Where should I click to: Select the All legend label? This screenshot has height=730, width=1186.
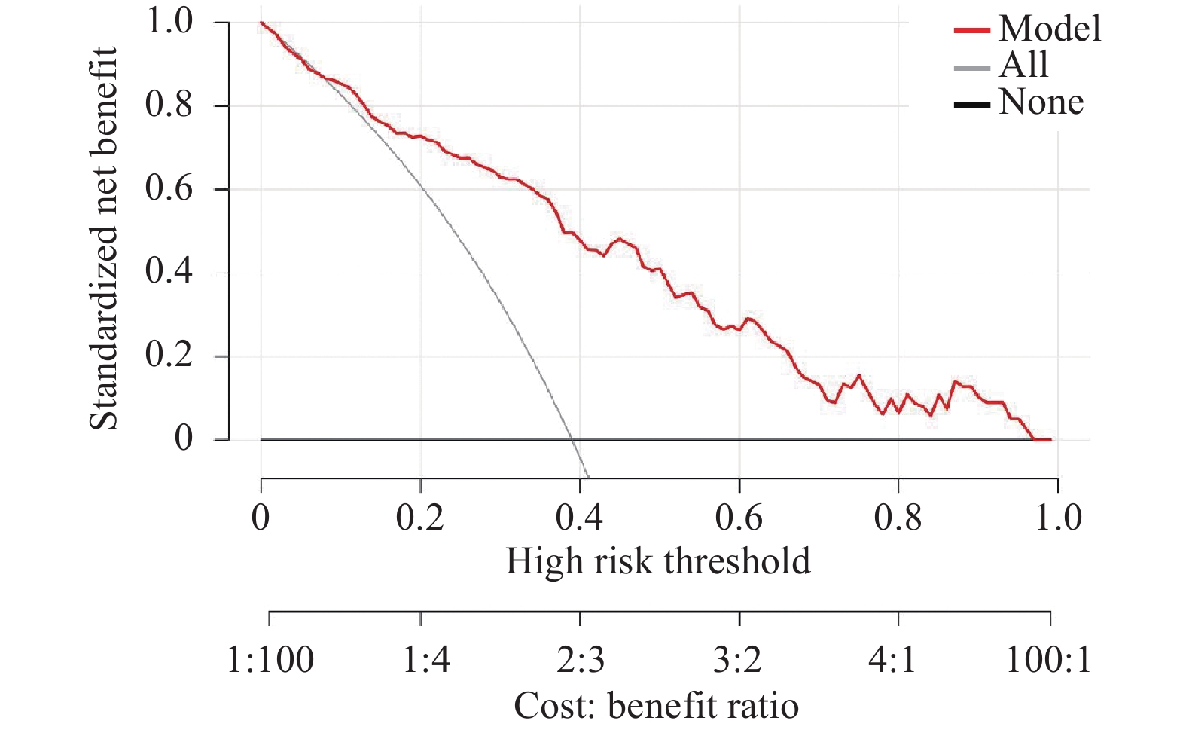(1024, 65)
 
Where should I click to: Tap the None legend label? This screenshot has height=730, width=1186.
(1041, 102)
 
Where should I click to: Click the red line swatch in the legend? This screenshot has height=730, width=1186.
(972, 30)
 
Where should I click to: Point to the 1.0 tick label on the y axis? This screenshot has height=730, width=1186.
(169, 22)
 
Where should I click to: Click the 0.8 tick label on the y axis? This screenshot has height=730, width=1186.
(169, 105)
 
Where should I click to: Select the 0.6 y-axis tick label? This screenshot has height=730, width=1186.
(169, 188)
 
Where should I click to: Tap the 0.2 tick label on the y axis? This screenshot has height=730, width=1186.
(169, 356)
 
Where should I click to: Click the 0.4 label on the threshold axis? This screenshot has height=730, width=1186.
(579, 518)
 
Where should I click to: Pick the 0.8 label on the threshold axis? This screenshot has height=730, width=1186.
(898, 518)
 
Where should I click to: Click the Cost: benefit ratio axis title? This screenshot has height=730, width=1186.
(657, 706)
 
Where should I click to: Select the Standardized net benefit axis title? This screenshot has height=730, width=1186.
(103, 238)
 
